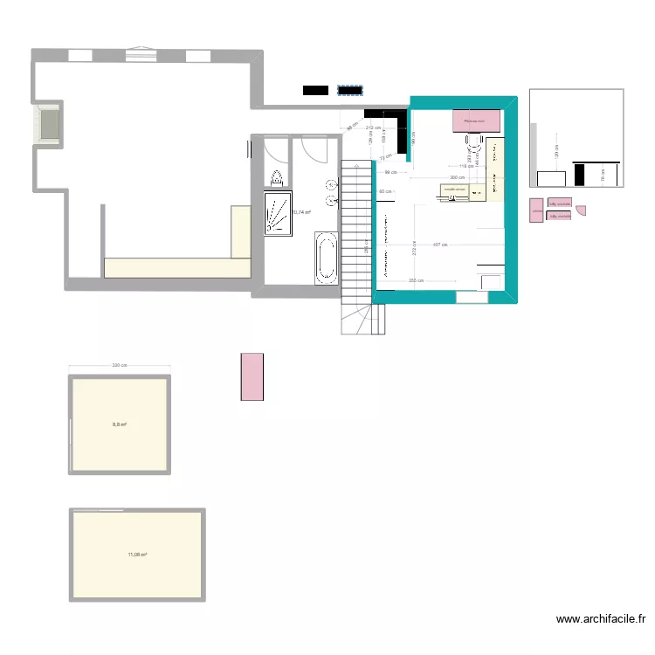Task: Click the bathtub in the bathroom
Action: click(327, 257)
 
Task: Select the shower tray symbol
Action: click(280, 214)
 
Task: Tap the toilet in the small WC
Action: click(277, 179)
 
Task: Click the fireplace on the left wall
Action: click(47, 123)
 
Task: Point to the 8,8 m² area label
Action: click(120, 425)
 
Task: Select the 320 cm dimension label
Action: click(120, 366)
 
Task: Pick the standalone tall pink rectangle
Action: click(252, 376)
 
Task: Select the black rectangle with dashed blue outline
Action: click(350, 90)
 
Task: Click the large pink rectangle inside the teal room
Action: click(477, 121)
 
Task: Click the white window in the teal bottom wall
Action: click(472, 298)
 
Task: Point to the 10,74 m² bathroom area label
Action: click(302, 211)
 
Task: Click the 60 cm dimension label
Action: click(384, 190)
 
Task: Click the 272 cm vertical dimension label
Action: click(413, 247)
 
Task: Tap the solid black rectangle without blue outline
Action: click(315, 90)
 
